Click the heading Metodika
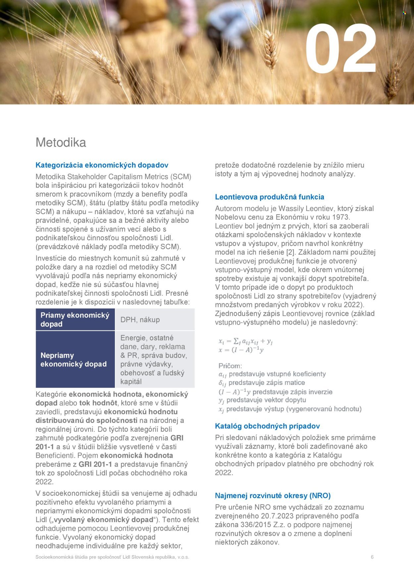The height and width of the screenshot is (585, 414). [61, 142]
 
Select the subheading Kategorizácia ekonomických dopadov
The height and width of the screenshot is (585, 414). [102, 165]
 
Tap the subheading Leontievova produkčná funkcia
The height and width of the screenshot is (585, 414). [269, 197]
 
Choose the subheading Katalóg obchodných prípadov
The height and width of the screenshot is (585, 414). [267, 426]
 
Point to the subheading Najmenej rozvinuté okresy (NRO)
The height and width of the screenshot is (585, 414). [273, 495]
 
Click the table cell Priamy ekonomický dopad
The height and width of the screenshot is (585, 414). [75, 320]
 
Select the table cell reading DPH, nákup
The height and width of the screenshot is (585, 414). [140, 320]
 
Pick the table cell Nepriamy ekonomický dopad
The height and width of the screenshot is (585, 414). [74, 360]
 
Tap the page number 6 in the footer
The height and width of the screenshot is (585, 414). [372, 557]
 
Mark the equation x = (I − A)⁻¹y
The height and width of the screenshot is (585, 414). [241, 350]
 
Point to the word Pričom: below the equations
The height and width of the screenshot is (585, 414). [230, 366]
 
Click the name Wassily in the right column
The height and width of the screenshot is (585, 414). [291, 208]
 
